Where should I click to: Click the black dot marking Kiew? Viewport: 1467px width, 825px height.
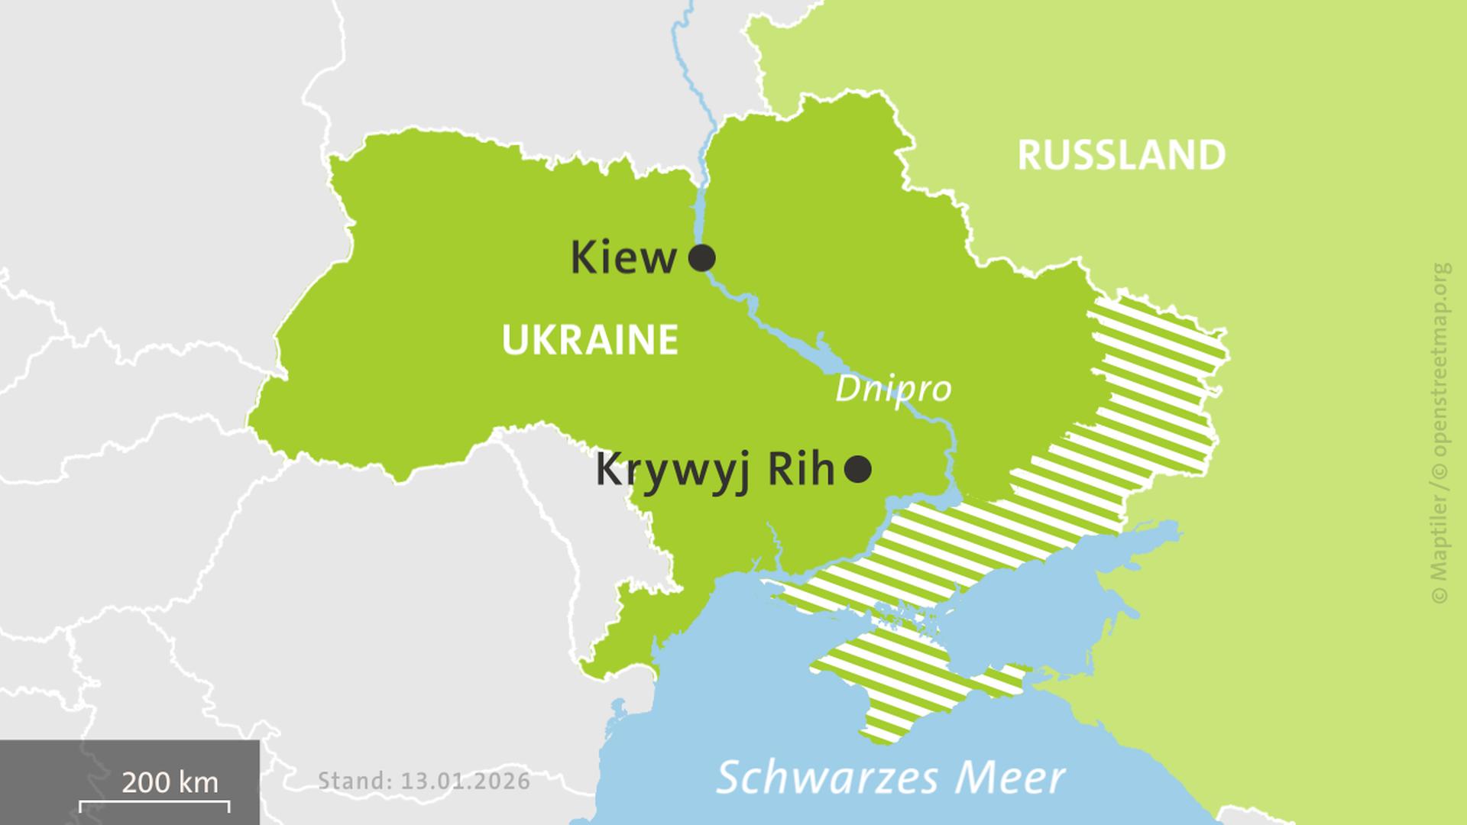tap(701, 258)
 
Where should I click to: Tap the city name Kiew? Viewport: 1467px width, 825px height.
tap(623, 258)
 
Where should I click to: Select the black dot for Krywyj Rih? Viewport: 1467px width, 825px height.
tap(857, 469)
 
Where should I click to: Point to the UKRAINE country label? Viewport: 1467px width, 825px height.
tap(590, 339)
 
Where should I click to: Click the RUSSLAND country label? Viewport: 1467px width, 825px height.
tap(1121, 155)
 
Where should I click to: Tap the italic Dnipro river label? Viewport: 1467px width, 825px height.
tap(892, 389)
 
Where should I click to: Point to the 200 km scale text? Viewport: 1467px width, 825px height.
tap(170, 782)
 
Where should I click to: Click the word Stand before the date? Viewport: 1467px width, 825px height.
tap(353, 781)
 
